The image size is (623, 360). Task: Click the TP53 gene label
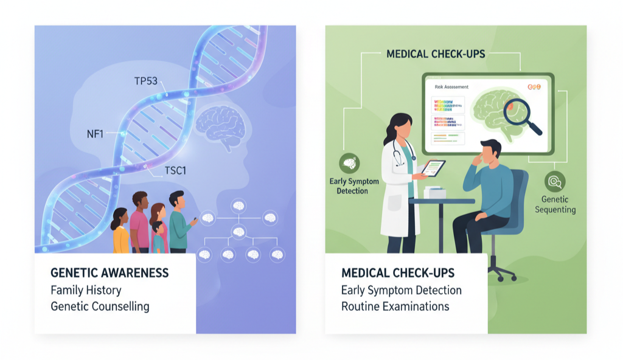pyautogui.click(x=146, y=81)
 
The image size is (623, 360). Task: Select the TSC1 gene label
pyautogui.click(x=175, y=171)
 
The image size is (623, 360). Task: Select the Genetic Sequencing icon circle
pyautogui.click(x=555, y=181)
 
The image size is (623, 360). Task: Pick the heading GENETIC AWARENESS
pyautogui.click(x=110, y=272)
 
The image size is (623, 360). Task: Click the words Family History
pyautogui.click(x=86, y=289)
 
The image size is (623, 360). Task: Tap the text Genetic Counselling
pyautogui.click(x=100, y=306)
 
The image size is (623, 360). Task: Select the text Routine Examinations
pyautogui.click(x=395, y=306)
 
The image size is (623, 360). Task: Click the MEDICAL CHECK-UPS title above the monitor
pyautogui.click(x=436, y=54)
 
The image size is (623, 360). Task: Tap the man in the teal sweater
pyautogui.click(x=179, y=222)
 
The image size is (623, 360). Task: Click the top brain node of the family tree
pyautogui.click(x=238, y=206)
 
